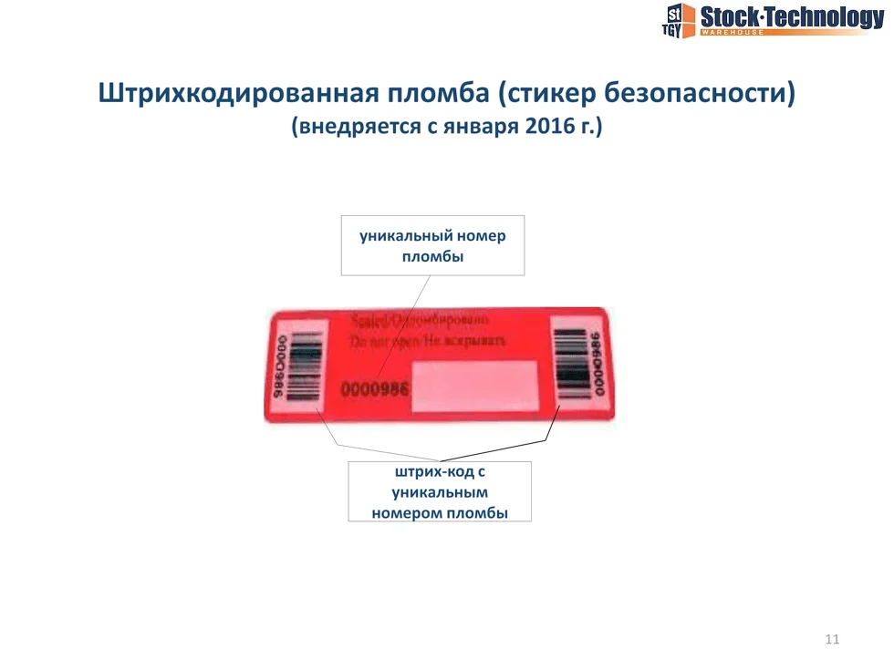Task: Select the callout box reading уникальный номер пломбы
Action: coord(432,245)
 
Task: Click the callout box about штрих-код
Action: coord(439,491)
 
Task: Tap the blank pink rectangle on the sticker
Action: coord(474,384)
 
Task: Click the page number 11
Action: coord(831,639)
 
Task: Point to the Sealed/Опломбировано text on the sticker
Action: coord(420,321)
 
